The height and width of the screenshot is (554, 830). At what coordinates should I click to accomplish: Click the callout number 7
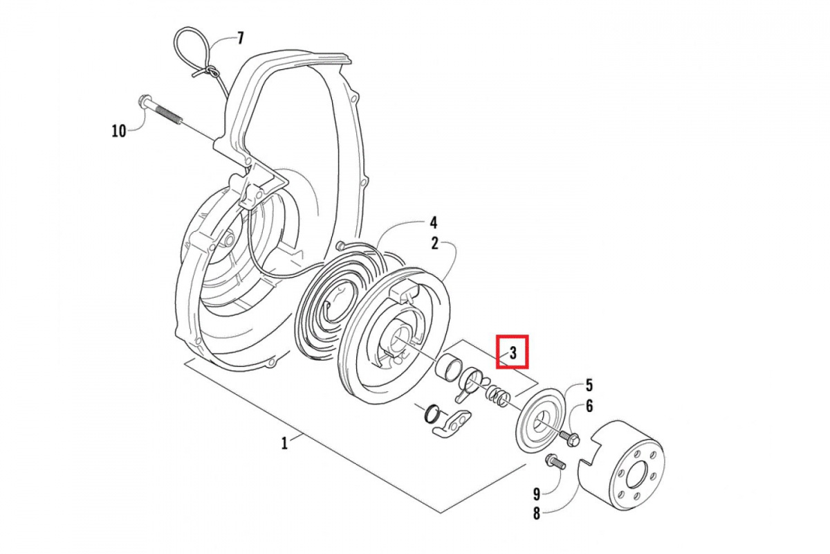coord(240,38)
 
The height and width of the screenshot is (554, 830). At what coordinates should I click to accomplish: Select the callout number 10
coord(119,130)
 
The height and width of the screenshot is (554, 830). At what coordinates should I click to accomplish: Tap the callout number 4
coord(434,223)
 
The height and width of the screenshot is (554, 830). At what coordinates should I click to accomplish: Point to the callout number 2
coord(434,243)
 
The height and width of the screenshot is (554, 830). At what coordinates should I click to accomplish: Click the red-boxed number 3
coord(513,352)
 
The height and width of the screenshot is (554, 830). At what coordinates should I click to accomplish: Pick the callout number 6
coord(589,406)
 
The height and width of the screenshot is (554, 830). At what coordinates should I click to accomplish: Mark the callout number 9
coord(536,494)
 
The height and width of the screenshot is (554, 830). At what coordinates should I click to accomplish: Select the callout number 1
coord(284,444)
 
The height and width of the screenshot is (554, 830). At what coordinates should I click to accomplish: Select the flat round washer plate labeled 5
coord(541,419)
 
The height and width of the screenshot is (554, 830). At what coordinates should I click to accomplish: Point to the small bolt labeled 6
coord(571,438)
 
